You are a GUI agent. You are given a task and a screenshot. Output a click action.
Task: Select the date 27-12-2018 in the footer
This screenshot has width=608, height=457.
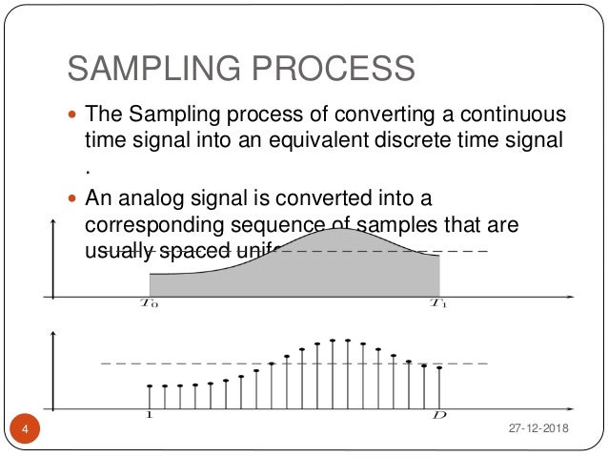537,430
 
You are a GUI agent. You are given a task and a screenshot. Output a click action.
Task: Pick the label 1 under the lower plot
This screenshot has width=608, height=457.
150,416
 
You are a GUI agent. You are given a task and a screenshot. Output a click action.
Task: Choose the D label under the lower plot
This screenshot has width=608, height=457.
439,416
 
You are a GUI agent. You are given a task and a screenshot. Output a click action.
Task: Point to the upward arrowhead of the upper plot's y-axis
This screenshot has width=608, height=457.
53,221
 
